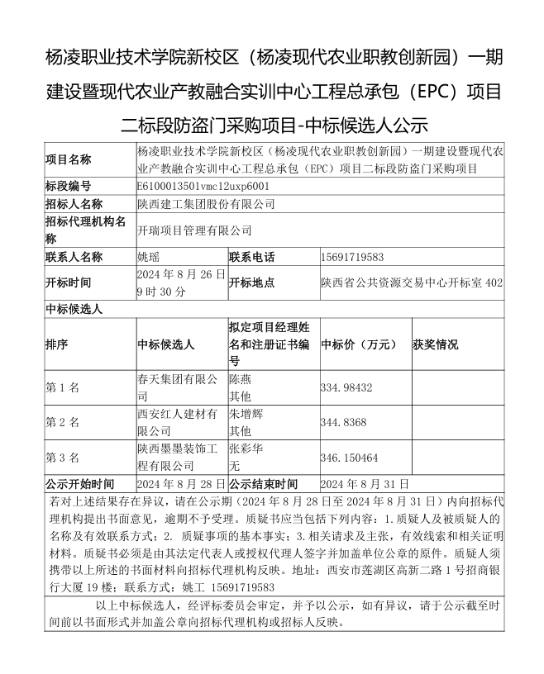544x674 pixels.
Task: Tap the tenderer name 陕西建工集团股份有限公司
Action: (x=206, y=204)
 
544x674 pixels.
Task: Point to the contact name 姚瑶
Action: (x=149, y=257)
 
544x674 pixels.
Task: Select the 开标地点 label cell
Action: (x=252, y=282)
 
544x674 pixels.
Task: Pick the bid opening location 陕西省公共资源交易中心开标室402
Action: (x=411, y=282)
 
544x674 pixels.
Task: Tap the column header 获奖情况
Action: (x=436, y=344)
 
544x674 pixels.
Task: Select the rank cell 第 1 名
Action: (x=63, y=387)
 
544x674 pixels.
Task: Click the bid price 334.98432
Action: (x=346, y=387)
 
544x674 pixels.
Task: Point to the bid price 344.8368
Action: (x=343, y=422)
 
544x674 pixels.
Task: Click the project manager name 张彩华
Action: (x=246, y=449)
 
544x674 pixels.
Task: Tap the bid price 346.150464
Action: (x=349, y=457)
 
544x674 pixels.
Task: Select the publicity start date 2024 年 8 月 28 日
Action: (x=181, y=483)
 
